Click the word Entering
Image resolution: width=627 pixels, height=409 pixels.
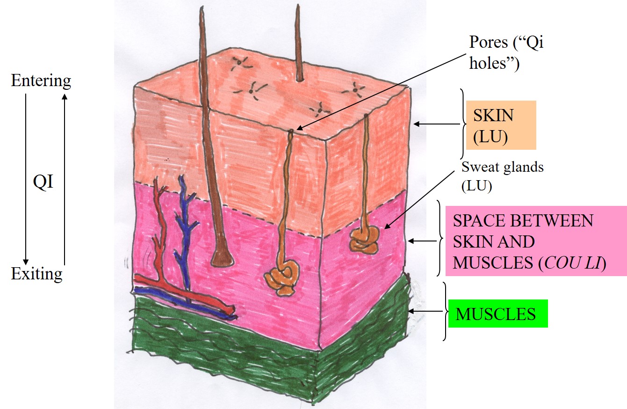tap(41, 81)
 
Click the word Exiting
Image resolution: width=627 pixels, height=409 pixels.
tap(36, 273)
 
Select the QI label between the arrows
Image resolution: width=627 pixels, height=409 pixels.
tap(43, 182)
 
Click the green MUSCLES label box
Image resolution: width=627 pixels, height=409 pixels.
tap(497, 313)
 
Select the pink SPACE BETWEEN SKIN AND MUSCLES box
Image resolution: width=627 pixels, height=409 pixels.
tap(535, 241)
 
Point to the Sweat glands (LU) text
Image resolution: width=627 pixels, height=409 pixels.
tap(503, 176)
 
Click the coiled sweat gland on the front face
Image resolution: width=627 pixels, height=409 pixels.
tap(281, 278)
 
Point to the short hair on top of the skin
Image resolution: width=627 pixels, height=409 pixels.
tap(298, 42)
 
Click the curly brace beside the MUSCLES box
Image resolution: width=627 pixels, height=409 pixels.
tap(445, 311)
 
